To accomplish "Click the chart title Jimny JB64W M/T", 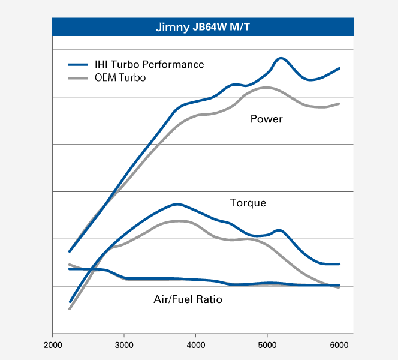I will click(x=203, y=27).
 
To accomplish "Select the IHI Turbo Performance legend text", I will click(x=149, y=64).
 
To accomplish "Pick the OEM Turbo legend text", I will click(x=120, y=78).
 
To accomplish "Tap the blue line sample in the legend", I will click(x=79, y=65).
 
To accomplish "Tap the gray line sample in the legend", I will click(x=79, y=79).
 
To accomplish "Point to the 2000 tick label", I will click(x=53, y=345).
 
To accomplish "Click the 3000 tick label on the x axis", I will click(x=124, y=345).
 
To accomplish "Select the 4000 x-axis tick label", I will click(x=196, y=345).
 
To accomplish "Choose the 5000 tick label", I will click(x=267, y=345).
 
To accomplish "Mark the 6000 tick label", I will click(x=339, y=345).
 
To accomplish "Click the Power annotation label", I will click(x=266, y=119).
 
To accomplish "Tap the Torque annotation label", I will click(x=248, y=203).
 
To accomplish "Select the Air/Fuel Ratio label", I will click(x=188, y=299).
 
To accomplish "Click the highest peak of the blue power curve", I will click(x=281, y=58).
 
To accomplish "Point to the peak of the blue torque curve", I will click(x=177, y=204).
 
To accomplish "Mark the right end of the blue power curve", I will click(x=339, y=68).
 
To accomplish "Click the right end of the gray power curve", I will click(x=339, y=104).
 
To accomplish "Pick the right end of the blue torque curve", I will click(x=339, y=264).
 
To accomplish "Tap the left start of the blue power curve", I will click(x=70, y=251).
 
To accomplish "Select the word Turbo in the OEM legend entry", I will click(x=132, y=78).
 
